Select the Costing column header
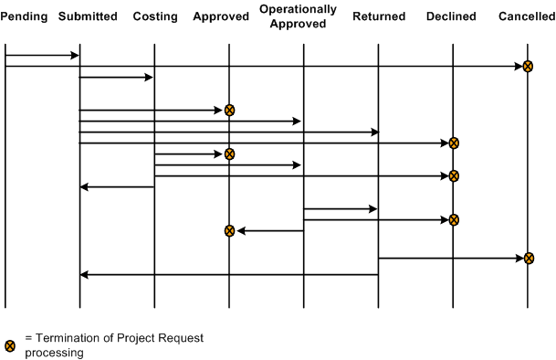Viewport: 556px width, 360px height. click(x=154, y=16)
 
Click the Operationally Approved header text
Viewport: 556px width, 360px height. click(x=299, y=16)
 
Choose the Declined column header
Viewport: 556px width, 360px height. click(x=451, y=16)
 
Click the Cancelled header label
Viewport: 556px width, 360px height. click(x=527, y=16)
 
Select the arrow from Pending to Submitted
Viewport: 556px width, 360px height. click(x=42, y=56)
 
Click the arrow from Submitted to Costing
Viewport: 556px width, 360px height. click(x=116, y=78)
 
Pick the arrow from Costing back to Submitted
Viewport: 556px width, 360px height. click(x=117, y=187)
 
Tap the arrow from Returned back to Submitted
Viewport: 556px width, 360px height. click(x=228, y=274)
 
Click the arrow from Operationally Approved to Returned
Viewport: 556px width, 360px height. click(x=341, y=209)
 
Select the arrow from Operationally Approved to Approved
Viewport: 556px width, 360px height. click(x=270, y=231)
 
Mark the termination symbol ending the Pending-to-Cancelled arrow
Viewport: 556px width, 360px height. click(x=528, y=66)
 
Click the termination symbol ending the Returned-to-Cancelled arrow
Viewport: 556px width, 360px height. click(x=528, y=259)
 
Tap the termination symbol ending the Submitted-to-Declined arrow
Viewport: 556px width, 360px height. click(x=453, y=143)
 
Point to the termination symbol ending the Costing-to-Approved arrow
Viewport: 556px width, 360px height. click(x=229, y=154)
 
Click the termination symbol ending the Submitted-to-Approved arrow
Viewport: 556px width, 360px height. click(x=229, y=110)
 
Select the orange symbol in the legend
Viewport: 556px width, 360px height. click(x=10, y=345)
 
